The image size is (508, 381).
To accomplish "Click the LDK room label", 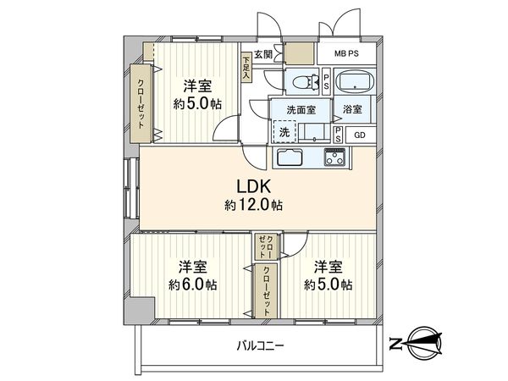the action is (x=253, y=187).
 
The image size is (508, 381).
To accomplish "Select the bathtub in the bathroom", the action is (x=355, y=81).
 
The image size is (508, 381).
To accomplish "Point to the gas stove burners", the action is (x=336, y=157).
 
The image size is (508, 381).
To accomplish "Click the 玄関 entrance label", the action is (x=262, y=54).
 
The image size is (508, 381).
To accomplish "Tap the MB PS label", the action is (x=346, y=53).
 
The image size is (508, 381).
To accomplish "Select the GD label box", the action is (x=361, y=135).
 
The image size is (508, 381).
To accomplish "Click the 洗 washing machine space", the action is (x=284, y=131).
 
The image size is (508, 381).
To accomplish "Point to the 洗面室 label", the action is (x=301, y=110).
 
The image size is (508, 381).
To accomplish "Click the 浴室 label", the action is (x=352, y=109).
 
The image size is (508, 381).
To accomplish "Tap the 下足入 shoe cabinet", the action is (x=246, y=68).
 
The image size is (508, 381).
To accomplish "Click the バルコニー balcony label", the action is (x=261, y=345).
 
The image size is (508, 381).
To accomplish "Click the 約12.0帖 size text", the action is (x=253, y=205).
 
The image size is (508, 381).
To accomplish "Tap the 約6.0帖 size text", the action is (x=193, y=284).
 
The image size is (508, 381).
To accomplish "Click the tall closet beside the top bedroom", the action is (x=141, y=103).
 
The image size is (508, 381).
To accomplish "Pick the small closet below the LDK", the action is (x=266, y=246).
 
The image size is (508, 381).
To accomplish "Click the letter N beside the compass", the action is (x=395, y=344).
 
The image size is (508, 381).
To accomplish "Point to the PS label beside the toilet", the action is (x=326, y=82).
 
